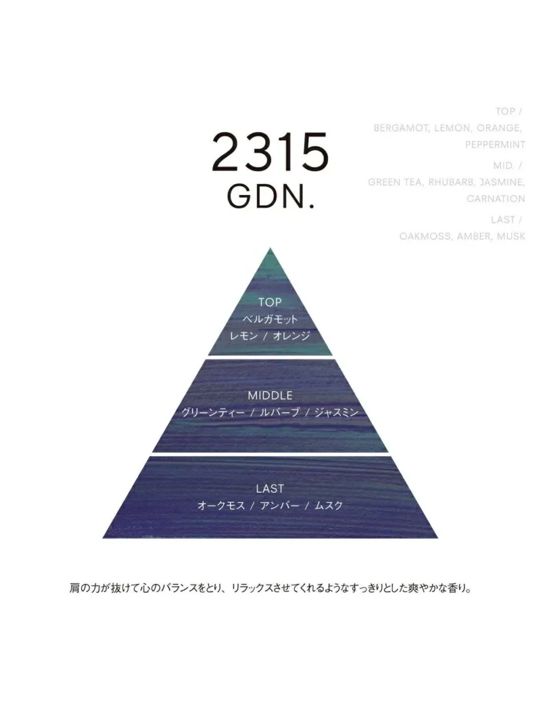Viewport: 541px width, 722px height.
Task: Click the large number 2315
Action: (x=270, y=152)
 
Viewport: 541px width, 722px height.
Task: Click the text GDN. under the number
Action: (x=271, y=197)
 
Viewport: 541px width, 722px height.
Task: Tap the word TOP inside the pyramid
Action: (x=270, y=302)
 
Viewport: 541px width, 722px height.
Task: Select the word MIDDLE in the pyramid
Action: (x=270, y=395)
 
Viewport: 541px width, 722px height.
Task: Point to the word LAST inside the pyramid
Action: (x=270, y=488)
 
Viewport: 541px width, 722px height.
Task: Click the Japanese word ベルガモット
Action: (x=270, y=319)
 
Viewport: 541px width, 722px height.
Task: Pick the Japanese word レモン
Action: (x=244, y=336)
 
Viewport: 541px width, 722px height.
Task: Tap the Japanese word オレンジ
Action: (x=291, y=336)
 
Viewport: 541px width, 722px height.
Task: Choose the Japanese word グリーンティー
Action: (x=213, y=412)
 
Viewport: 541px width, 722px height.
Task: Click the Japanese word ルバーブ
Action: (x=280, y=412)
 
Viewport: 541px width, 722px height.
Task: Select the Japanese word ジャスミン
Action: (x=336, y=412)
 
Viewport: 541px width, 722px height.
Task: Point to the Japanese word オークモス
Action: (x=221, y=505)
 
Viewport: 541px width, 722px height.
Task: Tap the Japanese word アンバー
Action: (x=280, y=505)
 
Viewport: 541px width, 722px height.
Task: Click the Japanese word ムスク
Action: (x=329, y=505)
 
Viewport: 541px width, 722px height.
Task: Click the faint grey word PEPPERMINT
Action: (x=495, y=145)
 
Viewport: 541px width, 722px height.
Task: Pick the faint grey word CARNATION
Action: (x=496, y=198)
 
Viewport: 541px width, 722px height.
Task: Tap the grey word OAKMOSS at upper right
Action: (x=425, y=235)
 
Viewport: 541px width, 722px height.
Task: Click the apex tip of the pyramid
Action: (x=270, y=248)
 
